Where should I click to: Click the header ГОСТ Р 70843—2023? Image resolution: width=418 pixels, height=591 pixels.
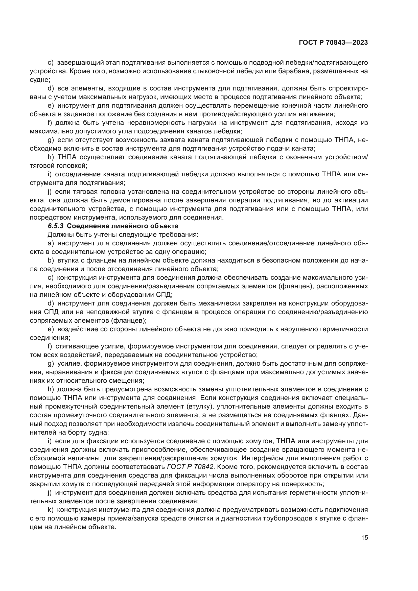click(x=333, y=43)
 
